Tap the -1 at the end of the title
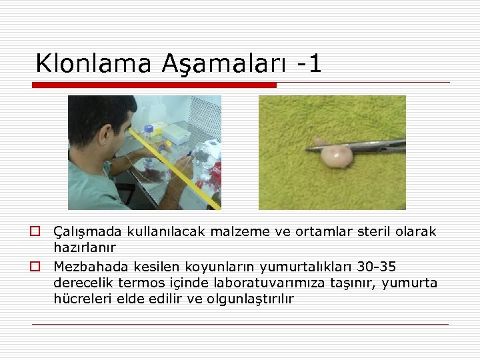pyautogui.click(x=309, y=63)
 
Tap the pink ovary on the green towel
pyautogui.click(x=336, y=156)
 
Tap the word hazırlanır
pyautogui.click(x=85, y=248)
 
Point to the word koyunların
pyautogui.click(x=224, y=267)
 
